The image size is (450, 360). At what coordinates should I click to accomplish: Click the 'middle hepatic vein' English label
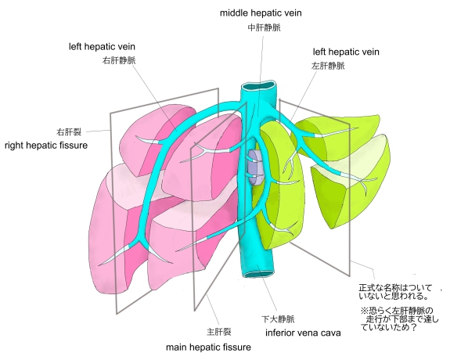pos(261,13)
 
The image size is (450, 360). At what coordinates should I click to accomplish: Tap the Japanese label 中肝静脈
pos(264,27)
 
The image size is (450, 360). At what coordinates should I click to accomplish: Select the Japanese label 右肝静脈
pos(119,60)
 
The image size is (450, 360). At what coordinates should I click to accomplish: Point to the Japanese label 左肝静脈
pos(328,66)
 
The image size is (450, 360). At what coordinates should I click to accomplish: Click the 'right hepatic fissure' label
pos(46,146)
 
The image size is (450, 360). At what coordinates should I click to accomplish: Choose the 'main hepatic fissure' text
pos(208,347)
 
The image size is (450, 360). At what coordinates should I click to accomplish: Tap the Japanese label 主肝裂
pos(218,332)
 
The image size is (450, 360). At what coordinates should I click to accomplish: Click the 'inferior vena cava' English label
pos(303,333)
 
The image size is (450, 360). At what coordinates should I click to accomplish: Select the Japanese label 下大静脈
pos(278,319)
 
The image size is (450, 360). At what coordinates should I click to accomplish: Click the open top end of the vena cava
pos(259,86)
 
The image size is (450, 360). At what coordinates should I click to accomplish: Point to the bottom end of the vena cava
pos(257,275)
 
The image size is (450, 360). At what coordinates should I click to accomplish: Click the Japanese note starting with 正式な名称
pos(395,292)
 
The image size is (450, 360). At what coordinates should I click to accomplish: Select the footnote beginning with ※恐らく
pos(399,319)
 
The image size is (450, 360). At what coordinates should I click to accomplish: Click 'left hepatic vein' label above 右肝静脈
pos(102,47)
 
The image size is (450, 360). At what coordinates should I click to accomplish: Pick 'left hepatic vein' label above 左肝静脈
pos(346,52)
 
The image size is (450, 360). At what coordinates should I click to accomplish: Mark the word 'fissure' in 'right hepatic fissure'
pos(74,146)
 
